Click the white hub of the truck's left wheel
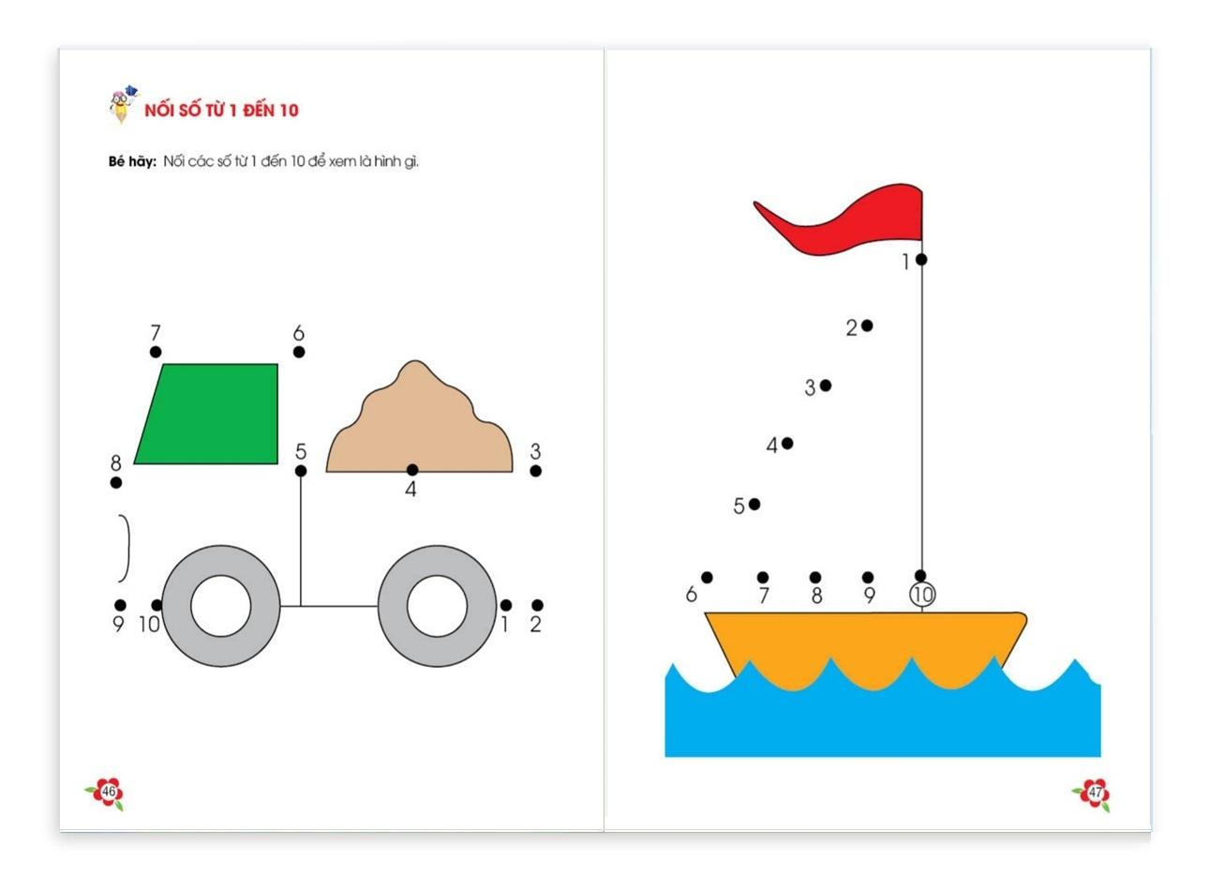click(221, 606)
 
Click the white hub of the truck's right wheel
click(437, 606)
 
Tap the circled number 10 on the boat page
click(922, 596)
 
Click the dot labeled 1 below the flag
click(921, 260)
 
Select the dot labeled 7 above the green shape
click(156, 352)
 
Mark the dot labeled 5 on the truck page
click(301, 471)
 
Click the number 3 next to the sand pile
click(535, 451)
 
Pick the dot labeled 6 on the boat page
click(707, 578)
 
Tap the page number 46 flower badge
click(106, 793)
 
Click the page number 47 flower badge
click(1093, 793)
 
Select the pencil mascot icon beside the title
click(123, 104)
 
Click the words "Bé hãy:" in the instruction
click(132, 161)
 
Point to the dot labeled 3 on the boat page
click(826, 385)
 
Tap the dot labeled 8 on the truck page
click(115, 482)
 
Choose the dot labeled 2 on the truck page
click(537, 605)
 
